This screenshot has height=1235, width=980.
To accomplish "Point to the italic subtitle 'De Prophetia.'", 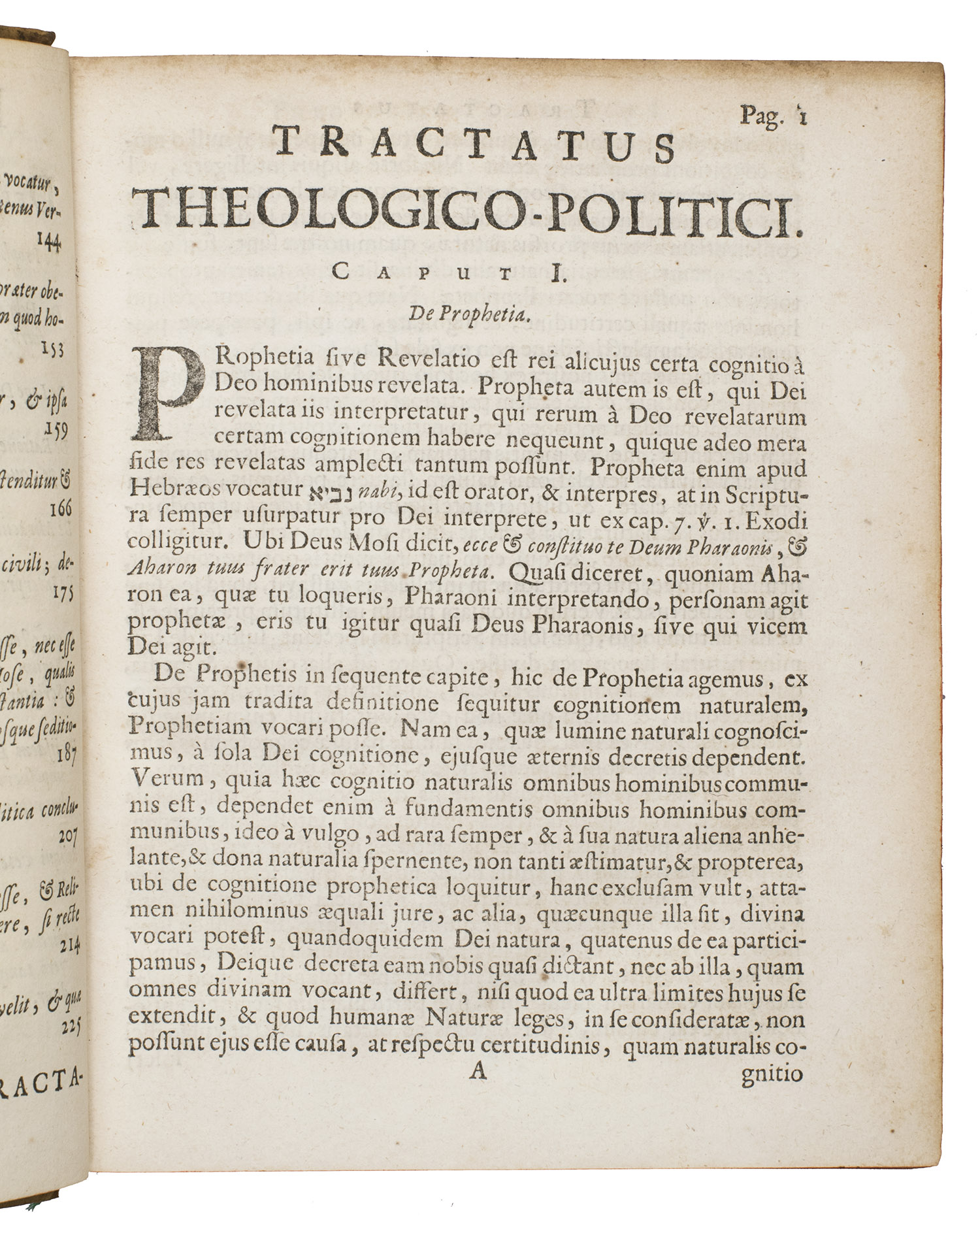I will [467, 314].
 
